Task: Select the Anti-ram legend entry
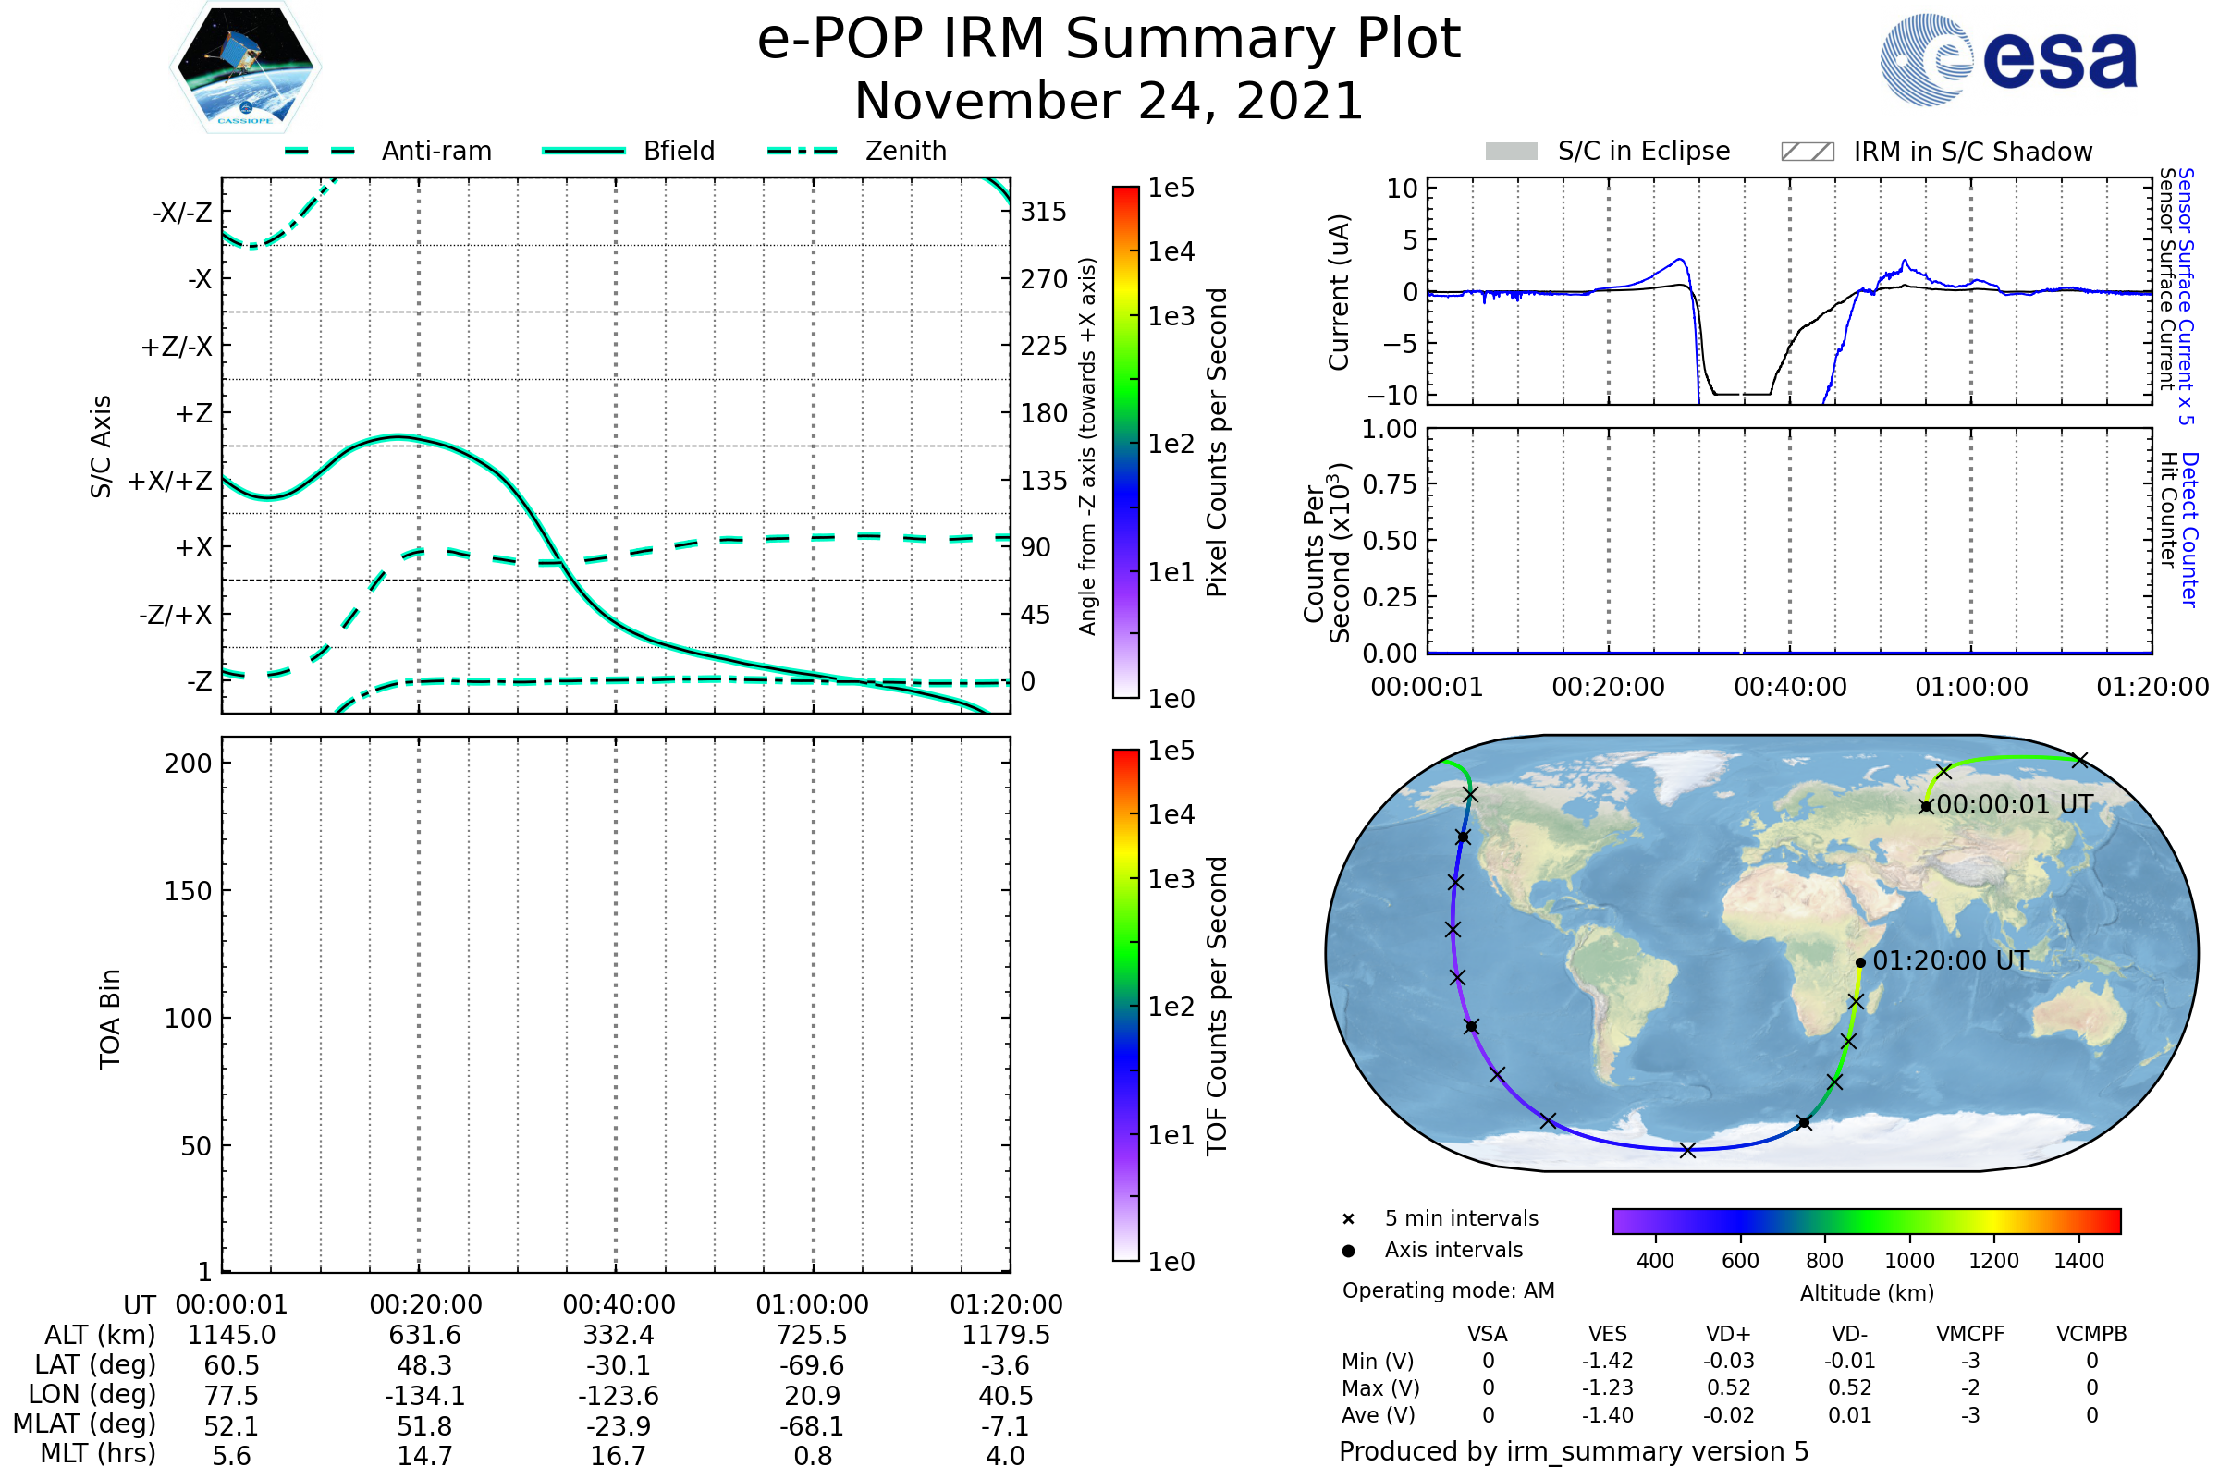pos(388,151)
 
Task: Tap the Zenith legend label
pos(905,151)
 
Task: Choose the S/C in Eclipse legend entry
pos(1608,152)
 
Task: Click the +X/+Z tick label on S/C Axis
pos(170,481)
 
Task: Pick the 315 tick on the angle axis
pos(1043,212)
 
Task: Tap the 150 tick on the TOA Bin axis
pos(188,891)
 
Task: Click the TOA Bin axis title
pos(110,1018)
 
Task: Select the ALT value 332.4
pos(618,1335)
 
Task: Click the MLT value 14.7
pos(424,1455)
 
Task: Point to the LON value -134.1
pos(424,1395)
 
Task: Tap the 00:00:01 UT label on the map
pos(2015,804)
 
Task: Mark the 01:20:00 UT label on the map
pos(1950,960)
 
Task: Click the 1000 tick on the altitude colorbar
pos(1908,1261)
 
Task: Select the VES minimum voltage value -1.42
pos(1607,1361)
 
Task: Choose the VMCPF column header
pos(1969,1334)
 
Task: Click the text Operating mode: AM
pos(1448,1290)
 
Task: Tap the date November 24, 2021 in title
pos(1109,102)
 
